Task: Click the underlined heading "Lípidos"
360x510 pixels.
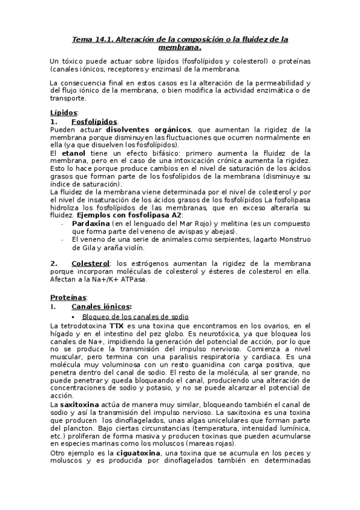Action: pyautogui.click(x=63, y=112)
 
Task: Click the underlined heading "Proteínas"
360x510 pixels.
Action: pyautogui.click(x=67, y=297)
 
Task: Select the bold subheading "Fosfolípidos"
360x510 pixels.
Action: pyautogui.click(x=93, y=121)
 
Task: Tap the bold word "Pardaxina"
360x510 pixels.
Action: pyautogui.click(x=91, y=223)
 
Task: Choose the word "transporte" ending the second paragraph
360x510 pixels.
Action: pyautogui.click(x=68, y=99)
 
